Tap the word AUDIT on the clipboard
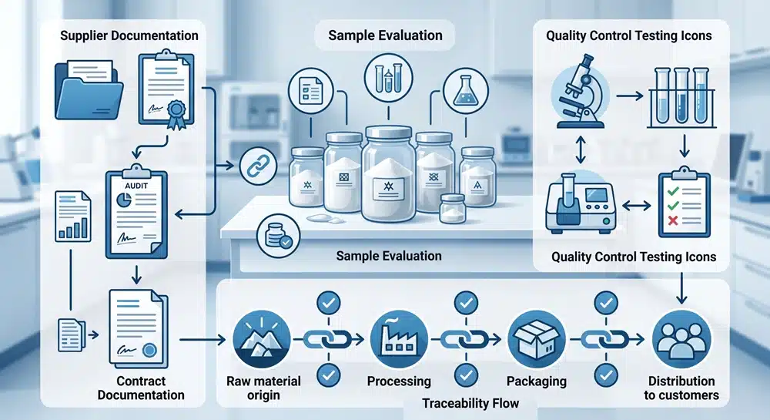tap(136, 186)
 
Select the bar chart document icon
tap(72, 216)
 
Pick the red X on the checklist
tap(673, 220)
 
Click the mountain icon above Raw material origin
tap(263, 338)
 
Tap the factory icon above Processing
tap(398, 338)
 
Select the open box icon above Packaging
tap(536, 338)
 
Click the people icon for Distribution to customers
tap(681, 338)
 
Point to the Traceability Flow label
tap(470, 403)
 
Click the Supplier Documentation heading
tap(129, 35)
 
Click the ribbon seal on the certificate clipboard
tap(176, 113)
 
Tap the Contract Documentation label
tap(141, 388)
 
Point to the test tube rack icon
tap(681, 97)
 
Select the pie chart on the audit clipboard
tap(124, 200)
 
